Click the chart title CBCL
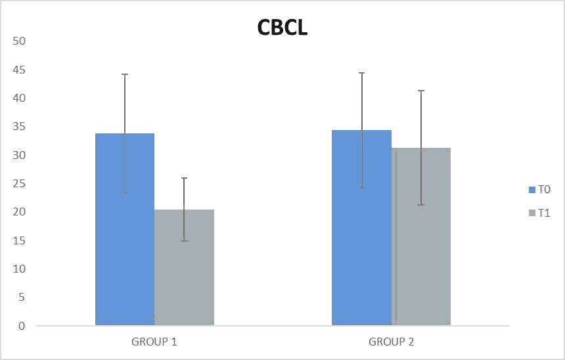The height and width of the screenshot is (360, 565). coord(282,28)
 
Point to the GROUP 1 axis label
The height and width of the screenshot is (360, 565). coord(154,342)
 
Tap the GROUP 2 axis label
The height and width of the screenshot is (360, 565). coord(391,342)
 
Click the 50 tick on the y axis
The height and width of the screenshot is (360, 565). coord(19,41)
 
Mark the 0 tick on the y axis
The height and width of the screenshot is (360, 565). coord(22,326)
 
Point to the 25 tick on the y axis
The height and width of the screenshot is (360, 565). coord(19,183)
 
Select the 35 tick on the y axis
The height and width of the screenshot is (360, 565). coord(19,126)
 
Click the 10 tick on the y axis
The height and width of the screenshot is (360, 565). coord(19,269)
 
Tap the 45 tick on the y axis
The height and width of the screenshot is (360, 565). coord(19,70)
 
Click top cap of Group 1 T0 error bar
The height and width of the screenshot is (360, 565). coord(125,74)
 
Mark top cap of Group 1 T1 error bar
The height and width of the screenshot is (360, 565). coord(184,178)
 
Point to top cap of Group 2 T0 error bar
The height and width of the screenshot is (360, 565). coord(361,73)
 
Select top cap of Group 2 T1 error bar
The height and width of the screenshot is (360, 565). coord(421,91)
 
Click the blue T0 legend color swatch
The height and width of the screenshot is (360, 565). coord(532,190)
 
